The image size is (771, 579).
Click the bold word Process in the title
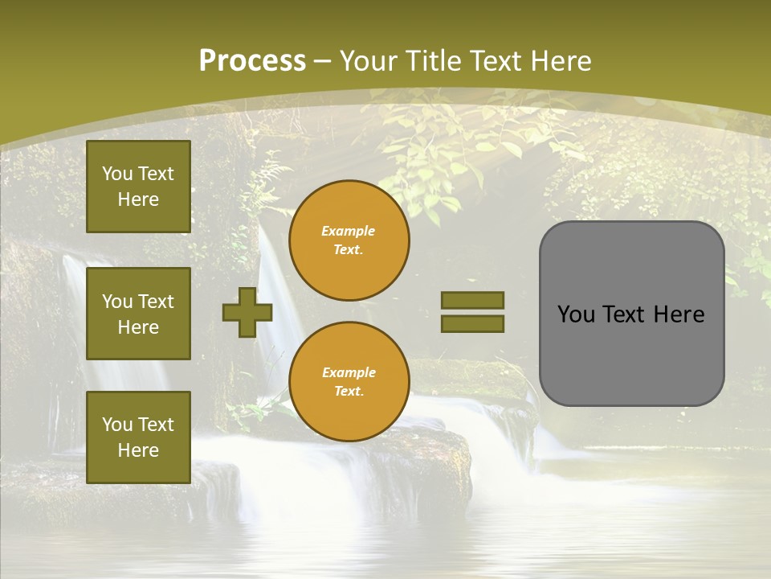(x=252, y=61)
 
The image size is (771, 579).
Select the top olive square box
(x=138, y=187)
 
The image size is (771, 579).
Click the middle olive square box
(x=138, y=314)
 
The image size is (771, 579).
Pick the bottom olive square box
(x=138, y=437)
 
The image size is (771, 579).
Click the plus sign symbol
(x=247, y=312)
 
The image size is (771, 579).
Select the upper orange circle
(x=349, y=240)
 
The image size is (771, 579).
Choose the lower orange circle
(x=349, y=381)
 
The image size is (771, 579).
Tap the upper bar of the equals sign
(x=472, y=300)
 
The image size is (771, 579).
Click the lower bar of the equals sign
(x=472, y=324)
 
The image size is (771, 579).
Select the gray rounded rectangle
(x=631, y=314)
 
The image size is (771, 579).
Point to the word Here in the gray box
(x=679, y=314)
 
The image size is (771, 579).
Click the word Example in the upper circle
(x=349, y=231)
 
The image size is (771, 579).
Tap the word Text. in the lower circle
(x=349, y=392)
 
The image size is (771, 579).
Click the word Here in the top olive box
(x=138, y=199)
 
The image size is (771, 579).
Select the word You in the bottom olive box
(x=117, y=425)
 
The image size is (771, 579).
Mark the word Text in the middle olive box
(x=156, y=302)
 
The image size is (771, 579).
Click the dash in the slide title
(x=323, y=62)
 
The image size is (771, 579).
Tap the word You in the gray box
(x=576, y=314)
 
